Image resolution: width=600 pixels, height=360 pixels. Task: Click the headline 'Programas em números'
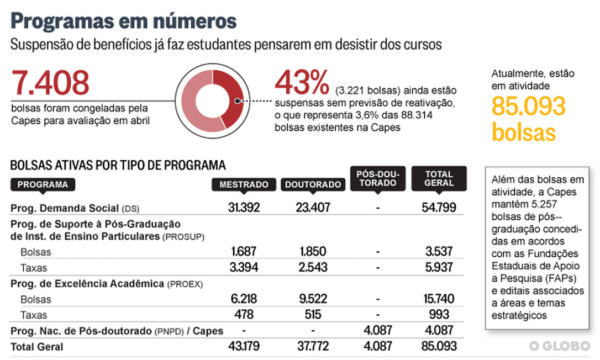pos(124,21)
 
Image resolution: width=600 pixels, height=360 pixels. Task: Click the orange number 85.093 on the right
pos(529,106)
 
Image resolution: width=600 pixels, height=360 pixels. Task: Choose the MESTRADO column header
pos(244,185)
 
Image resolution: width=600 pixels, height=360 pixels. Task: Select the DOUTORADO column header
pos(313,185)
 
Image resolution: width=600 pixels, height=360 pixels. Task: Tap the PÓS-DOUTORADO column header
pos(377,178)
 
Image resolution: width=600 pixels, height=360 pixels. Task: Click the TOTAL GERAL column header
pos(439,178)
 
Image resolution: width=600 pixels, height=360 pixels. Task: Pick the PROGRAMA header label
pos(43,184)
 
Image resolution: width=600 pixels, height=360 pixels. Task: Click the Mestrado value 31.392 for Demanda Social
pos(244,208)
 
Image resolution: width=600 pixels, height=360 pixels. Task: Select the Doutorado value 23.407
pos(313,208)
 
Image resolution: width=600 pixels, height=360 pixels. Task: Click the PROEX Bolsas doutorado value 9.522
pos(313,299)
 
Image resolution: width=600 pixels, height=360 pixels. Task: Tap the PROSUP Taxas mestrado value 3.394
pos(244,268)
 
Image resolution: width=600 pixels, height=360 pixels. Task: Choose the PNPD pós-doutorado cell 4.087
pos(377,331)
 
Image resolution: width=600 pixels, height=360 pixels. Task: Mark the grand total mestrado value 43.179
pos(244,347)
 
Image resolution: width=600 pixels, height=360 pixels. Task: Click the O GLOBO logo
pos(559,346)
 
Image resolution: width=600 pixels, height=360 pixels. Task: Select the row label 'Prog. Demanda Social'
pos(65,208)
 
